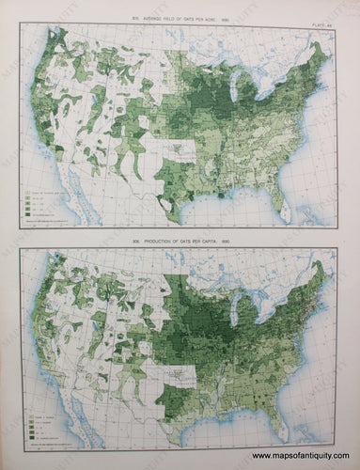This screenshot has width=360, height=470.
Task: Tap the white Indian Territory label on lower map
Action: click(x=179, y=352)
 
